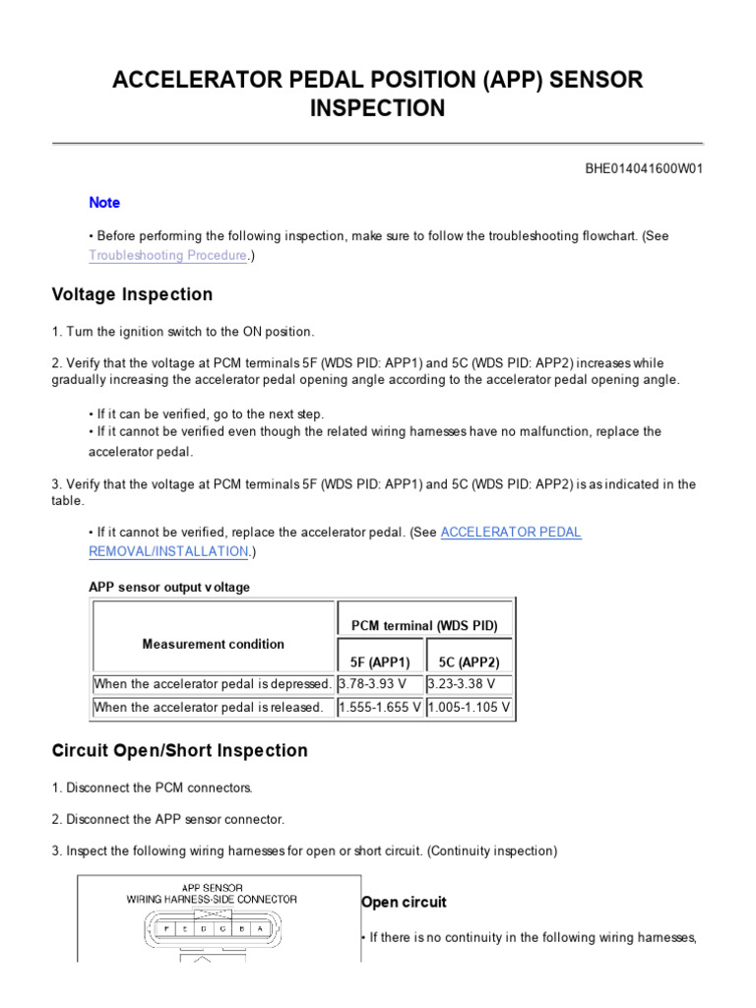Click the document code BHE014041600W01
point(645,168)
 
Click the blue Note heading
point(104,203)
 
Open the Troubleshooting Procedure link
point(167,255)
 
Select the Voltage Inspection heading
point(132,294)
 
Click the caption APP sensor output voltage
point(169,588)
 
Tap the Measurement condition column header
point(213,644)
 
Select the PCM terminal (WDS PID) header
point(424,625)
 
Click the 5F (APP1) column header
point(380,661)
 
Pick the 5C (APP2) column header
point(469,661)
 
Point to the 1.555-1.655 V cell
point(380,707)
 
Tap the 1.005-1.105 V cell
point(469,707)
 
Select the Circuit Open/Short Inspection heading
point(179,750)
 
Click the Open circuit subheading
point(404,902)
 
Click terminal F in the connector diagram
point(165,927)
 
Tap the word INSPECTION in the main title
point(377,108)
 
